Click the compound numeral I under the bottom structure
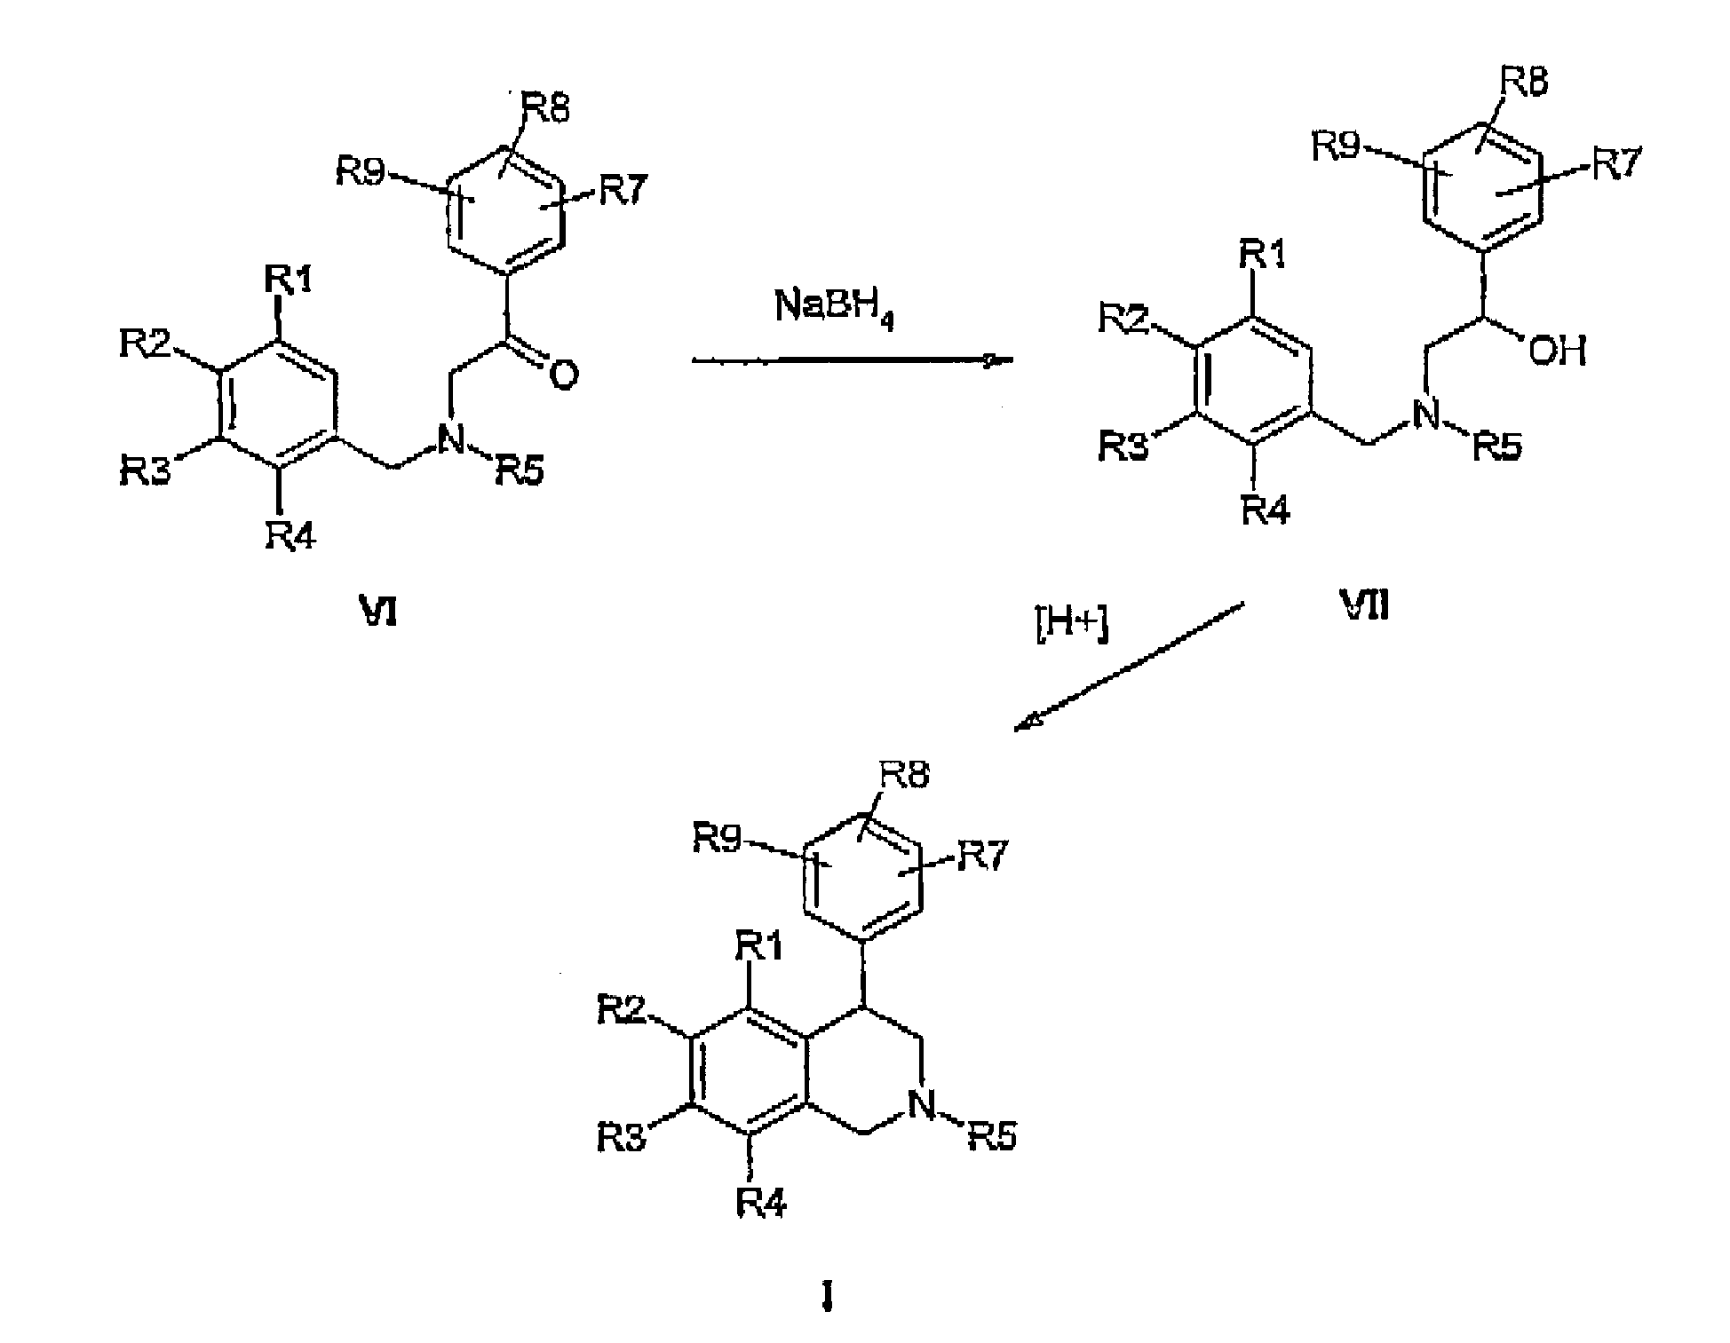tap(828, 1300)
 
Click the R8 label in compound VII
tap(1524, 82)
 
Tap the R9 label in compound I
tap(718, 837)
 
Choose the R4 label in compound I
tap(761, 1204)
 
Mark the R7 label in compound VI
tap(624, 189)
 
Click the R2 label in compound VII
tap(1123, 316)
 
